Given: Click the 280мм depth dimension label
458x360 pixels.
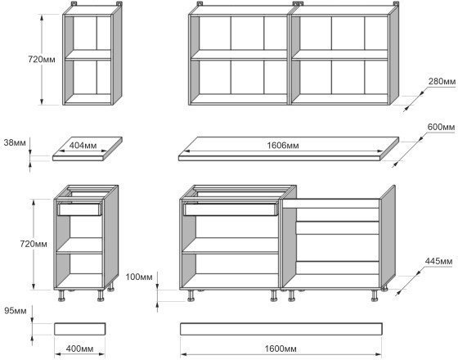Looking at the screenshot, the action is click(442, 82).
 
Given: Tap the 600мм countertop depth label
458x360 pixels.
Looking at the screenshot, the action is click(441, 128).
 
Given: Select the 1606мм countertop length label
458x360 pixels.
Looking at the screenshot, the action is click(283, 146).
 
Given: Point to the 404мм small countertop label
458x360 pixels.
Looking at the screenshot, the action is click(83, 146).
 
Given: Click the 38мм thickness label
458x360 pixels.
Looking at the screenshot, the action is click(15, 143).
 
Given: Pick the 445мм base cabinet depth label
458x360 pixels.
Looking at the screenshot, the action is click(438, 261).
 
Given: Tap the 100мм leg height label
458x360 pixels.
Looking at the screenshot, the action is click(139, 277).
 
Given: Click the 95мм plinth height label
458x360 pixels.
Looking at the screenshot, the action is click(16, 311).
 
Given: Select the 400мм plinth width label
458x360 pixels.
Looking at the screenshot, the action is click(80, 349).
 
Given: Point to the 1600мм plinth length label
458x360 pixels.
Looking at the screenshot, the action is click(281, 349).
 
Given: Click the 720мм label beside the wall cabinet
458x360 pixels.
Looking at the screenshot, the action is click(42, 59).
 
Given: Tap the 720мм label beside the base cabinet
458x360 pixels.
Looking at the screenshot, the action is click(34, 244).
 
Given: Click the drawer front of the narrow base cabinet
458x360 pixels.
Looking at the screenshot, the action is click(79, 209).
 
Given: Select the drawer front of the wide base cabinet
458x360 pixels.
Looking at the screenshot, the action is click(230, 209).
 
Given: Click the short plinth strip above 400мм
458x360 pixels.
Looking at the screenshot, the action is click(80, 329).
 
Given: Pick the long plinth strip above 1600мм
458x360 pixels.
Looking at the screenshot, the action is click(281, 329).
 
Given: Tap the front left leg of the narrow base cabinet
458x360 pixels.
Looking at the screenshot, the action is click(61, 295).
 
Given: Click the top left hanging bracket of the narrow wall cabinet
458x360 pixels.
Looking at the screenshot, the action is click(74, 4).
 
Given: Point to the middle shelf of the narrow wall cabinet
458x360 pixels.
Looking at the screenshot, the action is click(88, 55).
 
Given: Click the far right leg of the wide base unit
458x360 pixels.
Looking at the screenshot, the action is click(375, 295).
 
